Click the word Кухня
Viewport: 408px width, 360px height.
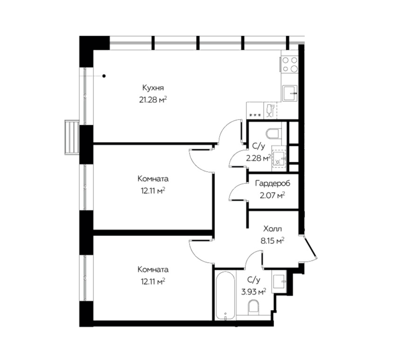(x=153, y=88)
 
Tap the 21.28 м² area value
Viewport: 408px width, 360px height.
(x=153, y=100)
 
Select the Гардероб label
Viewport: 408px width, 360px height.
(x=273, y=184)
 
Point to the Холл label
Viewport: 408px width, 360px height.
(x=273, y=229)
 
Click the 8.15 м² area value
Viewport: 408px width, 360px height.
(x=273, y=241)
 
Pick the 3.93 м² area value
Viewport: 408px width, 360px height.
(x=254, y=292)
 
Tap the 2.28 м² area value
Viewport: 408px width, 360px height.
(x=258, y=158)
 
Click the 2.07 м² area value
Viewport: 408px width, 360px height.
(x=273, y=195)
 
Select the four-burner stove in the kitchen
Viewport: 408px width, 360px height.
(x=290, y=64)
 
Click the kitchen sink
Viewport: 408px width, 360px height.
(x=290, y=93)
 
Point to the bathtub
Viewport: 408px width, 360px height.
(x=225, y=296)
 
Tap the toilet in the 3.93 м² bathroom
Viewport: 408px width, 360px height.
(x=253, y=307)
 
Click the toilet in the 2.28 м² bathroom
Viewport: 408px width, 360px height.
(x=274, y=133)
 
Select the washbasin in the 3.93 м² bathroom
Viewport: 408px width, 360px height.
(x=279, y=281)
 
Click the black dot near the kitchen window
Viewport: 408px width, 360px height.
(x=104, y=76)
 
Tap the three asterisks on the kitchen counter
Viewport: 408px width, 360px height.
(x=255, y=115)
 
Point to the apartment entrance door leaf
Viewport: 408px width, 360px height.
(x=311, y=247)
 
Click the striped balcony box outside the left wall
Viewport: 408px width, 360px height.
(x=72, y=137)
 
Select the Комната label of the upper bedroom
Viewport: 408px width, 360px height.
(x=153, y=179)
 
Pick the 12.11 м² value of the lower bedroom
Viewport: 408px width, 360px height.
(x=153, y=281)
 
